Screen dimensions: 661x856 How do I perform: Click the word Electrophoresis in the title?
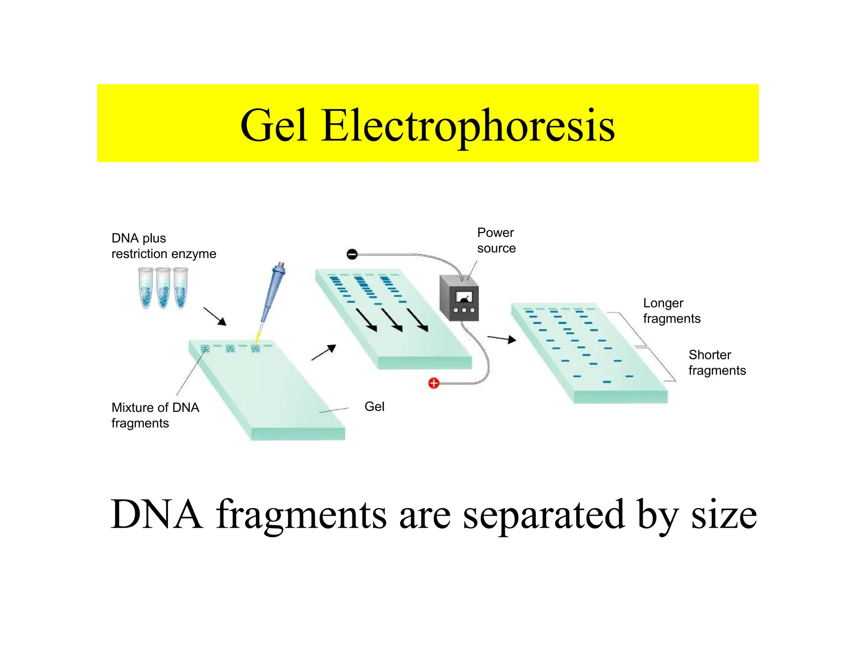468,125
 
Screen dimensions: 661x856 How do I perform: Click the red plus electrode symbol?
434,383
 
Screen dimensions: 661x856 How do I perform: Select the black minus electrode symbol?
352,254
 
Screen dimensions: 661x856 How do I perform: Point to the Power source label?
496,240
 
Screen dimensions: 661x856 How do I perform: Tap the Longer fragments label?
671,310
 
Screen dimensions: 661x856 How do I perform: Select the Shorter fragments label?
717,362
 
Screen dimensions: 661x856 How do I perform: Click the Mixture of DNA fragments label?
155,415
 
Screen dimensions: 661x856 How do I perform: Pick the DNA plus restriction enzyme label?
163,246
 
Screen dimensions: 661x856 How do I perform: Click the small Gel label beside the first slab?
374,407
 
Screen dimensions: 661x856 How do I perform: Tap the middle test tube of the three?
163,288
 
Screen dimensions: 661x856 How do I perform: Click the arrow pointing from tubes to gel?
215,316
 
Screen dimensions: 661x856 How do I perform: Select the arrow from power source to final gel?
502,339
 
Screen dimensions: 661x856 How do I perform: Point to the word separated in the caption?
543,515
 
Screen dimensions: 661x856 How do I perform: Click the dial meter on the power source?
464,297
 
